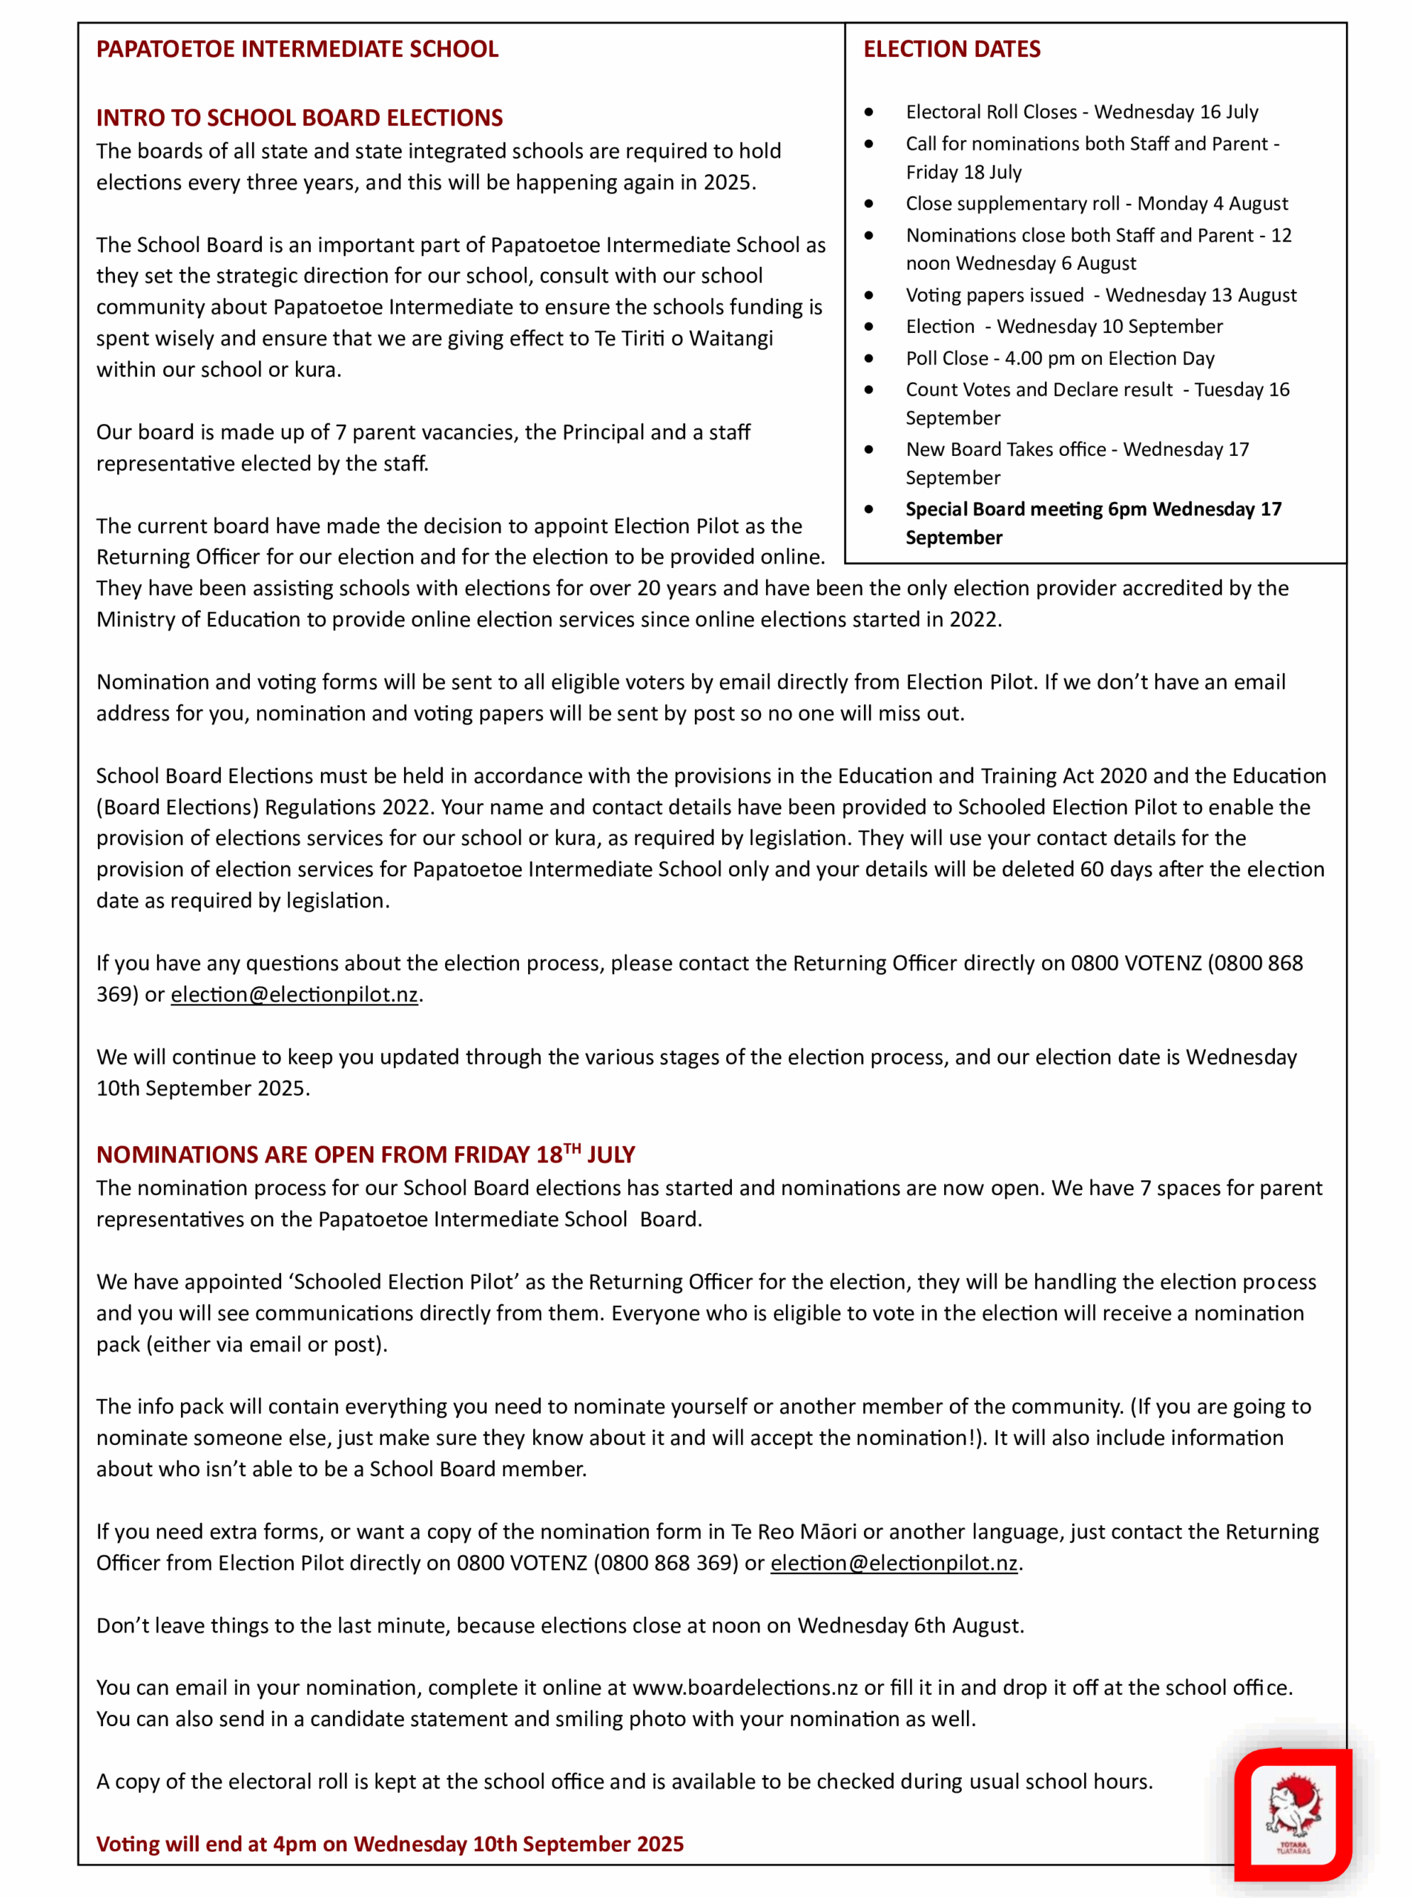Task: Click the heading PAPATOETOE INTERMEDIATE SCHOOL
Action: click(x=297, y=49)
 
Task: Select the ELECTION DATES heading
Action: click(x=951, y=49)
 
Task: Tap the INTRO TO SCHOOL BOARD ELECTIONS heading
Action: click(x=299, y=118)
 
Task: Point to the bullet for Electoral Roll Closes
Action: click(x=869, y=112)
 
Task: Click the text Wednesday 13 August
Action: click(x=1201, y=295)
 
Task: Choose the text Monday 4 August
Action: click(x=1212, y=203)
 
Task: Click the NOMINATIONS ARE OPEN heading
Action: click(x=365, y=1154)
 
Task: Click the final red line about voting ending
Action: click(x=390, y=1843)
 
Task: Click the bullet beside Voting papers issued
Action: click(x=869, y=295)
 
